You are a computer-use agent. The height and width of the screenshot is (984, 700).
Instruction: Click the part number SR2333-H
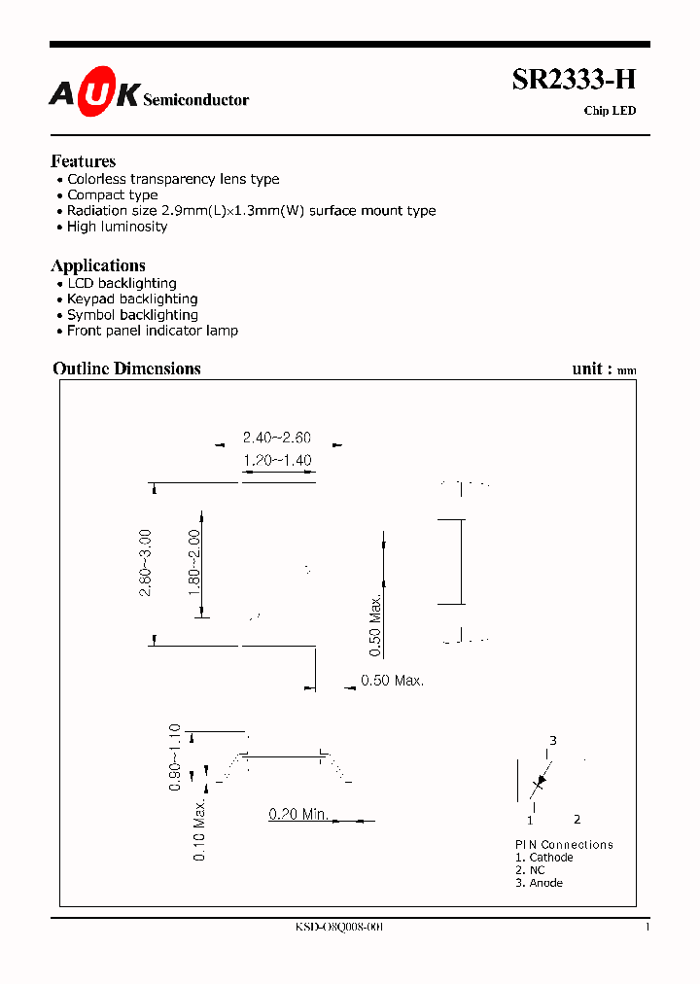[574, 82]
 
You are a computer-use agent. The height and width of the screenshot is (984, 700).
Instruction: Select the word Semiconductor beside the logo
[195, 100]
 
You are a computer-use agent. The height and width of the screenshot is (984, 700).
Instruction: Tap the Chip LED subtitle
[610, 111]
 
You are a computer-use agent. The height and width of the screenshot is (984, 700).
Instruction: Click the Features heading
[83, 161]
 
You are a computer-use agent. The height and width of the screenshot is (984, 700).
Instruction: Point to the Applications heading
[98, 265]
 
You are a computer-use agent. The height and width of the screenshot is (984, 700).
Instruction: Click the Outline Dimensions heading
[126, 369]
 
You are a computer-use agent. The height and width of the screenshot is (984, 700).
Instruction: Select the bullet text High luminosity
[117, 227]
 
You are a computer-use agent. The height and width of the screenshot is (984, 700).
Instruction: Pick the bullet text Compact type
[112, 195]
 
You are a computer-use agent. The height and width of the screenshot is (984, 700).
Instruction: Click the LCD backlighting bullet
[122, 284]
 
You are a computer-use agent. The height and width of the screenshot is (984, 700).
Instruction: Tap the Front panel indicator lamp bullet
[152, 331]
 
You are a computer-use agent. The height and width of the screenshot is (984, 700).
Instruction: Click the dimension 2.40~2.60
[277, 439]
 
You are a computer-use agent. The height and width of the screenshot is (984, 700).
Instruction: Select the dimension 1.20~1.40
[277, 460]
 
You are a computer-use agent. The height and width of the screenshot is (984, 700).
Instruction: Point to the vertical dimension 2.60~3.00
[146, 563]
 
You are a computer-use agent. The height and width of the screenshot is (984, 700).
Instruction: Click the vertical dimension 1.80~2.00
[193, 563]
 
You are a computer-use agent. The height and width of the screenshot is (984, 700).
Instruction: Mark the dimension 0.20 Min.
[298, 814]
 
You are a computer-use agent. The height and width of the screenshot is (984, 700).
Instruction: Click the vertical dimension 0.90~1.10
[175, 757]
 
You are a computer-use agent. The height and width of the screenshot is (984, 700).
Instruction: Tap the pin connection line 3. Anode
[539, 883]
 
